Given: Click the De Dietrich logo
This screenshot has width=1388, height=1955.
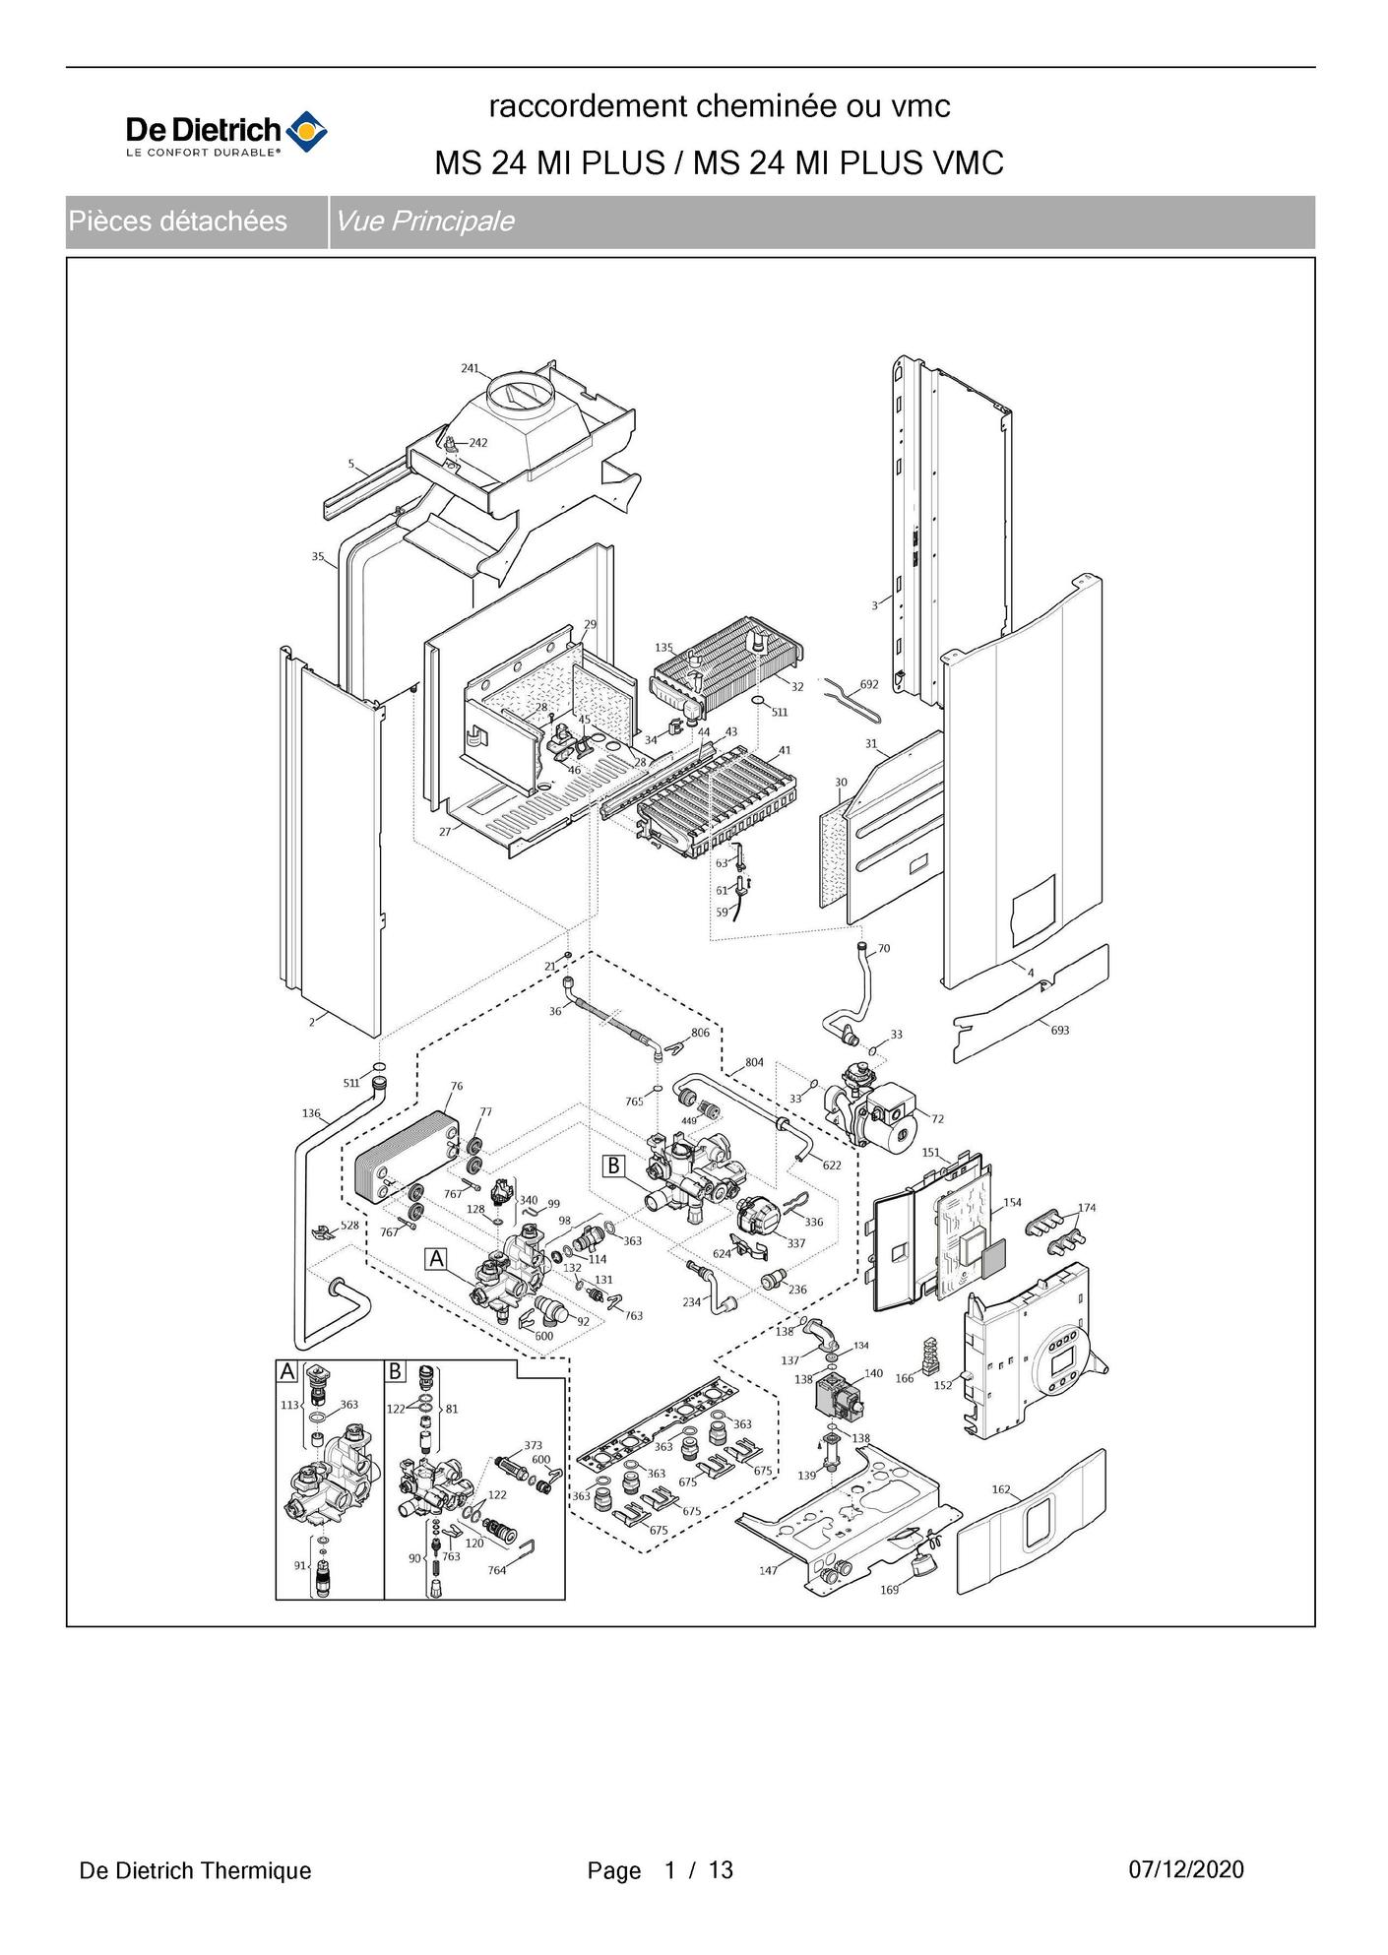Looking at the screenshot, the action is point(226,135).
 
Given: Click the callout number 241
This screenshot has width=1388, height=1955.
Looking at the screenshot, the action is point(470,368).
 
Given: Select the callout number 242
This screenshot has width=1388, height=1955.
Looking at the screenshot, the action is point(477,443).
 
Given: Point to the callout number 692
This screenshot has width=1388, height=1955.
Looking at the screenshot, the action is point(869,684).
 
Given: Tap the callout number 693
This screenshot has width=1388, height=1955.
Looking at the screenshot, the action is point(1059,1031).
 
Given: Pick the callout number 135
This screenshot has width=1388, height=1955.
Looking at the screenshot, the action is point(663,648).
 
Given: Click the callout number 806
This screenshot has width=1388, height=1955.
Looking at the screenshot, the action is point(700,1033).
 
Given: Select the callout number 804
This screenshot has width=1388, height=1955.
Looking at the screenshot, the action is point(754,1062).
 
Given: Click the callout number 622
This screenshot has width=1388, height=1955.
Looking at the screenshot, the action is point(832,1166).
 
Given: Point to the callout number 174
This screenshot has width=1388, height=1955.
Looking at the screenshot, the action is point(1086,1208).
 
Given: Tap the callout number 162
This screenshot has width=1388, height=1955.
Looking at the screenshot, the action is point(1001,1489).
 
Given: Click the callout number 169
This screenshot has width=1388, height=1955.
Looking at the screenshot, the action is point(889,1590).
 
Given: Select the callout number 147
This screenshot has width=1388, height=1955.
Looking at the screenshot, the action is point(768,1570).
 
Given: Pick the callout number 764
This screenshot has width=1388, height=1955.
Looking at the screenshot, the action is point(497,1570).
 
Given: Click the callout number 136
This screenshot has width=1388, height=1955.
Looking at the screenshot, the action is point(311,1113).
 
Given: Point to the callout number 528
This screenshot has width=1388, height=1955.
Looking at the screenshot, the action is point(349,1226).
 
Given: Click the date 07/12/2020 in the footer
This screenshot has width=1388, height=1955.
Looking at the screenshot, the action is point(1186,1869).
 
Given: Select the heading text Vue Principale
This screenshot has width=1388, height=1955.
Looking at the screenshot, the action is point(424,221).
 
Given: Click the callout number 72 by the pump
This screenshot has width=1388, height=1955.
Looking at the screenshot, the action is point(937,1119).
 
